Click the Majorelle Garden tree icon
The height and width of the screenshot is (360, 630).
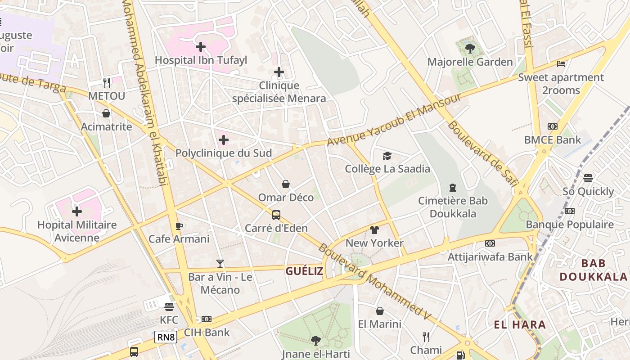point(470,48)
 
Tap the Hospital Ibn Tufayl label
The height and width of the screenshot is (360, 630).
point(201,60)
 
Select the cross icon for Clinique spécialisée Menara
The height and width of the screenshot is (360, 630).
point(279,72)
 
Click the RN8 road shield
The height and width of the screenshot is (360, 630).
point(166,337)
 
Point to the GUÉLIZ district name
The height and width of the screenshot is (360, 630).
point(304,271)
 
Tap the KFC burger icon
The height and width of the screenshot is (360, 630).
point(169,307)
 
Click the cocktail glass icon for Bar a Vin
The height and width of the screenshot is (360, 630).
point(220,263)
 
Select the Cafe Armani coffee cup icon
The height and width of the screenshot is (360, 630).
point(179,226)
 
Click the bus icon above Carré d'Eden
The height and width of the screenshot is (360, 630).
point(276,215)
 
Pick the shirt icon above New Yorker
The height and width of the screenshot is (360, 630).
point(374,230)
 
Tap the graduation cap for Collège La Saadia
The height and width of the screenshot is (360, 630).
point(387,156)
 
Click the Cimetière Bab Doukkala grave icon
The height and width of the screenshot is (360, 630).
point(453,188)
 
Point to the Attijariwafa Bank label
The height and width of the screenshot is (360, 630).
point(490,256)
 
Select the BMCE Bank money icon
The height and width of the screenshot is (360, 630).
point(552,126)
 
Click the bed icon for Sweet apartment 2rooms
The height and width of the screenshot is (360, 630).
point(561,64)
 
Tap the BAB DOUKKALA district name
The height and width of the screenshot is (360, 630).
point(593,270)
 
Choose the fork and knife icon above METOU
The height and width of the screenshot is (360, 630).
point(106,83)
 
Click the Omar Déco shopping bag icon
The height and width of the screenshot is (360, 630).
point(286,184)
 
